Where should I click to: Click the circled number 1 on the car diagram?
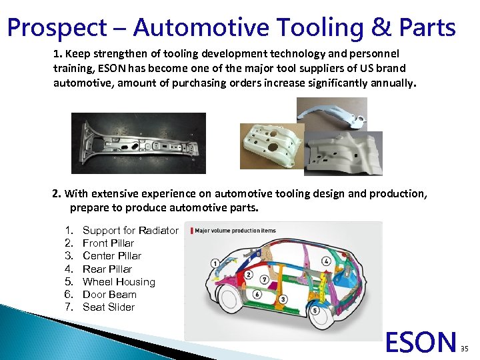click(x=215, y=263)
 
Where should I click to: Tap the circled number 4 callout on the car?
click(x=326, y=261)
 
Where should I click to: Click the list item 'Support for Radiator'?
click(x=130, y=230)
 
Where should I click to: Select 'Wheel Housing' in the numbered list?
click(x=119, y=281)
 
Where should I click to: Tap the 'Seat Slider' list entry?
click(x=108, y=307)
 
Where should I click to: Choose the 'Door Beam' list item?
click(x=109, y=294)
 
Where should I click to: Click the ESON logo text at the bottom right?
click(x=421, y=342)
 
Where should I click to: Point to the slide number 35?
click(x=465, y=348)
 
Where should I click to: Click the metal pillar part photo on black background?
click(x=139, y=143)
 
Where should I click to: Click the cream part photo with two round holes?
click(x=271, y=146)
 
